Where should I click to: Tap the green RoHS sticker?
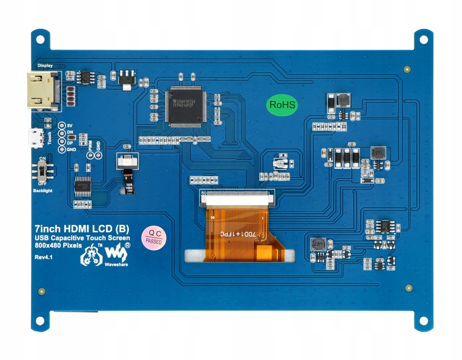tap(282, 105)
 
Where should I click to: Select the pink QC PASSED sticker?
tap(154, 237)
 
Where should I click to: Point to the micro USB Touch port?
tap(35, 138)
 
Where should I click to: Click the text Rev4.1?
tap(44, 257)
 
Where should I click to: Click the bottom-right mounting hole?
tap(423, 321)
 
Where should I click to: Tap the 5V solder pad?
tap(62, 126)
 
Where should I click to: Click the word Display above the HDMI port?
tap(45, 65)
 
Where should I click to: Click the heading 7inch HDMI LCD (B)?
tap(82, 228)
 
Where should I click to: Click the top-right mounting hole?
tap(423, 39)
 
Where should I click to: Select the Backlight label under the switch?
tap(42, 190)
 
